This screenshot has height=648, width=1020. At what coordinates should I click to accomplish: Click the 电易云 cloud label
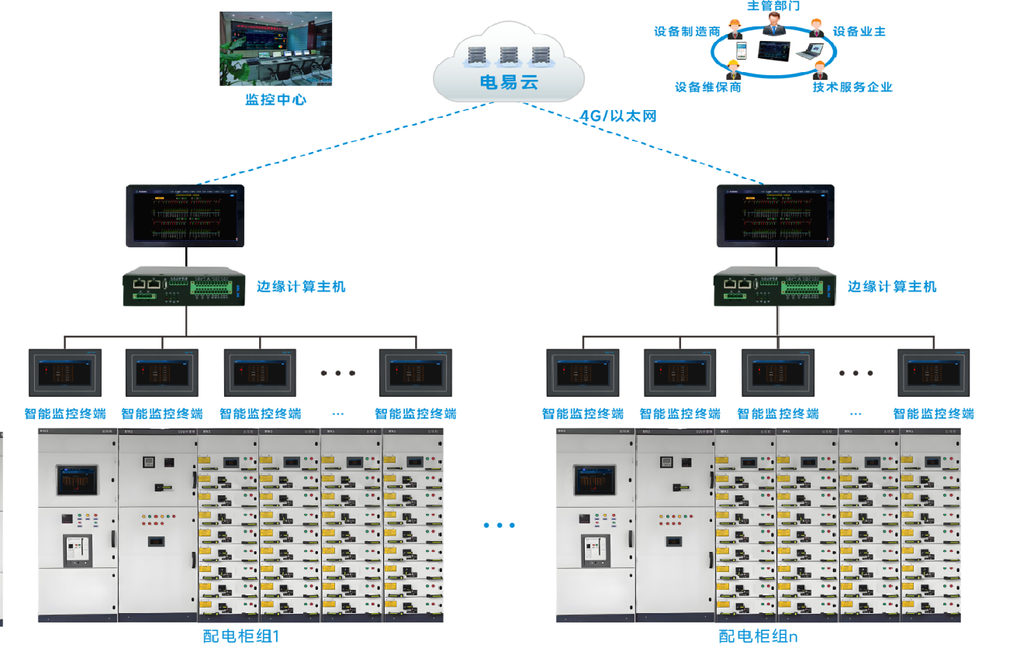509,82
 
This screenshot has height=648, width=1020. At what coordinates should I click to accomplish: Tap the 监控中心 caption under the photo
275,99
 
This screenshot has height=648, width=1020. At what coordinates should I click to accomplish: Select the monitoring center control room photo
275,48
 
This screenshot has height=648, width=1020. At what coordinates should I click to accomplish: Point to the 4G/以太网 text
618,116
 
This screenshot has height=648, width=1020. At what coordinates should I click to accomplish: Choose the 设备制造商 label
687,32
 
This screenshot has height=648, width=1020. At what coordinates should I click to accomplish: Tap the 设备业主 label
859,32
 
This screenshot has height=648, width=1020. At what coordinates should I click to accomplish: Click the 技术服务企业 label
852,87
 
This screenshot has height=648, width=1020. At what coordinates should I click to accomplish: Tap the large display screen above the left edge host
186,215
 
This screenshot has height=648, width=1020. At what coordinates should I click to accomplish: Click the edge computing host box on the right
776,287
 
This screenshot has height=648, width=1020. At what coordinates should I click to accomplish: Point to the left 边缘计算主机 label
301,287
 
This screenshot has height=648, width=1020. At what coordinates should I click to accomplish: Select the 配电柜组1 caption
240,636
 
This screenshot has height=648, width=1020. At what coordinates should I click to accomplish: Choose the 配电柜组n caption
758,636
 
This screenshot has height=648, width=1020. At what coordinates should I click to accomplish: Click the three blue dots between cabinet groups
500,526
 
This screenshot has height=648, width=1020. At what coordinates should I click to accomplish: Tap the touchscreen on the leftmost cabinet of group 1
78,481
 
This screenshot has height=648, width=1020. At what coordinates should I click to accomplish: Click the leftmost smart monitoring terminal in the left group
65,373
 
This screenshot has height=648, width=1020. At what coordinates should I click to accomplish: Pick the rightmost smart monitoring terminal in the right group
934,373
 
